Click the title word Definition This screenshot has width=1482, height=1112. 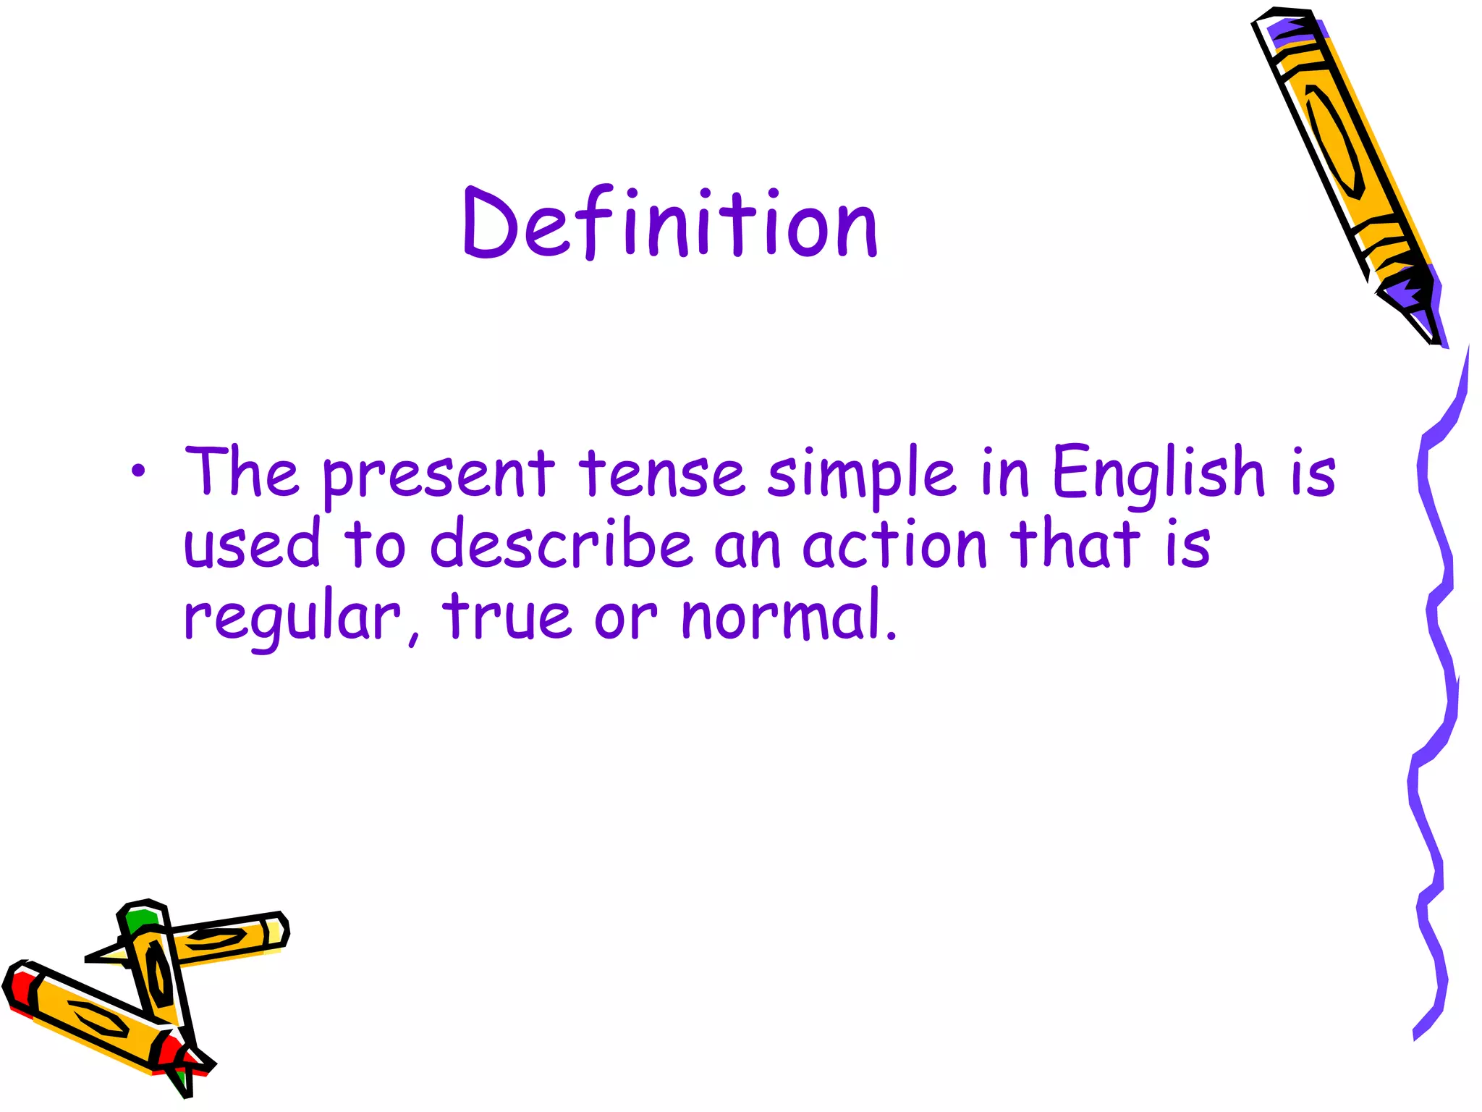[670, 224]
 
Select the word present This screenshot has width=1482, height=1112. [438, 475]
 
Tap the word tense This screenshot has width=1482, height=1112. [661, 473]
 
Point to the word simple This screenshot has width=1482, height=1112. [862, 475]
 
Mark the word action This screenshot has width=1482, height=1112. [894, 544]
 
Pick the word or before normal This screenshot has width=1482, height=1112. [625, 620]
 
